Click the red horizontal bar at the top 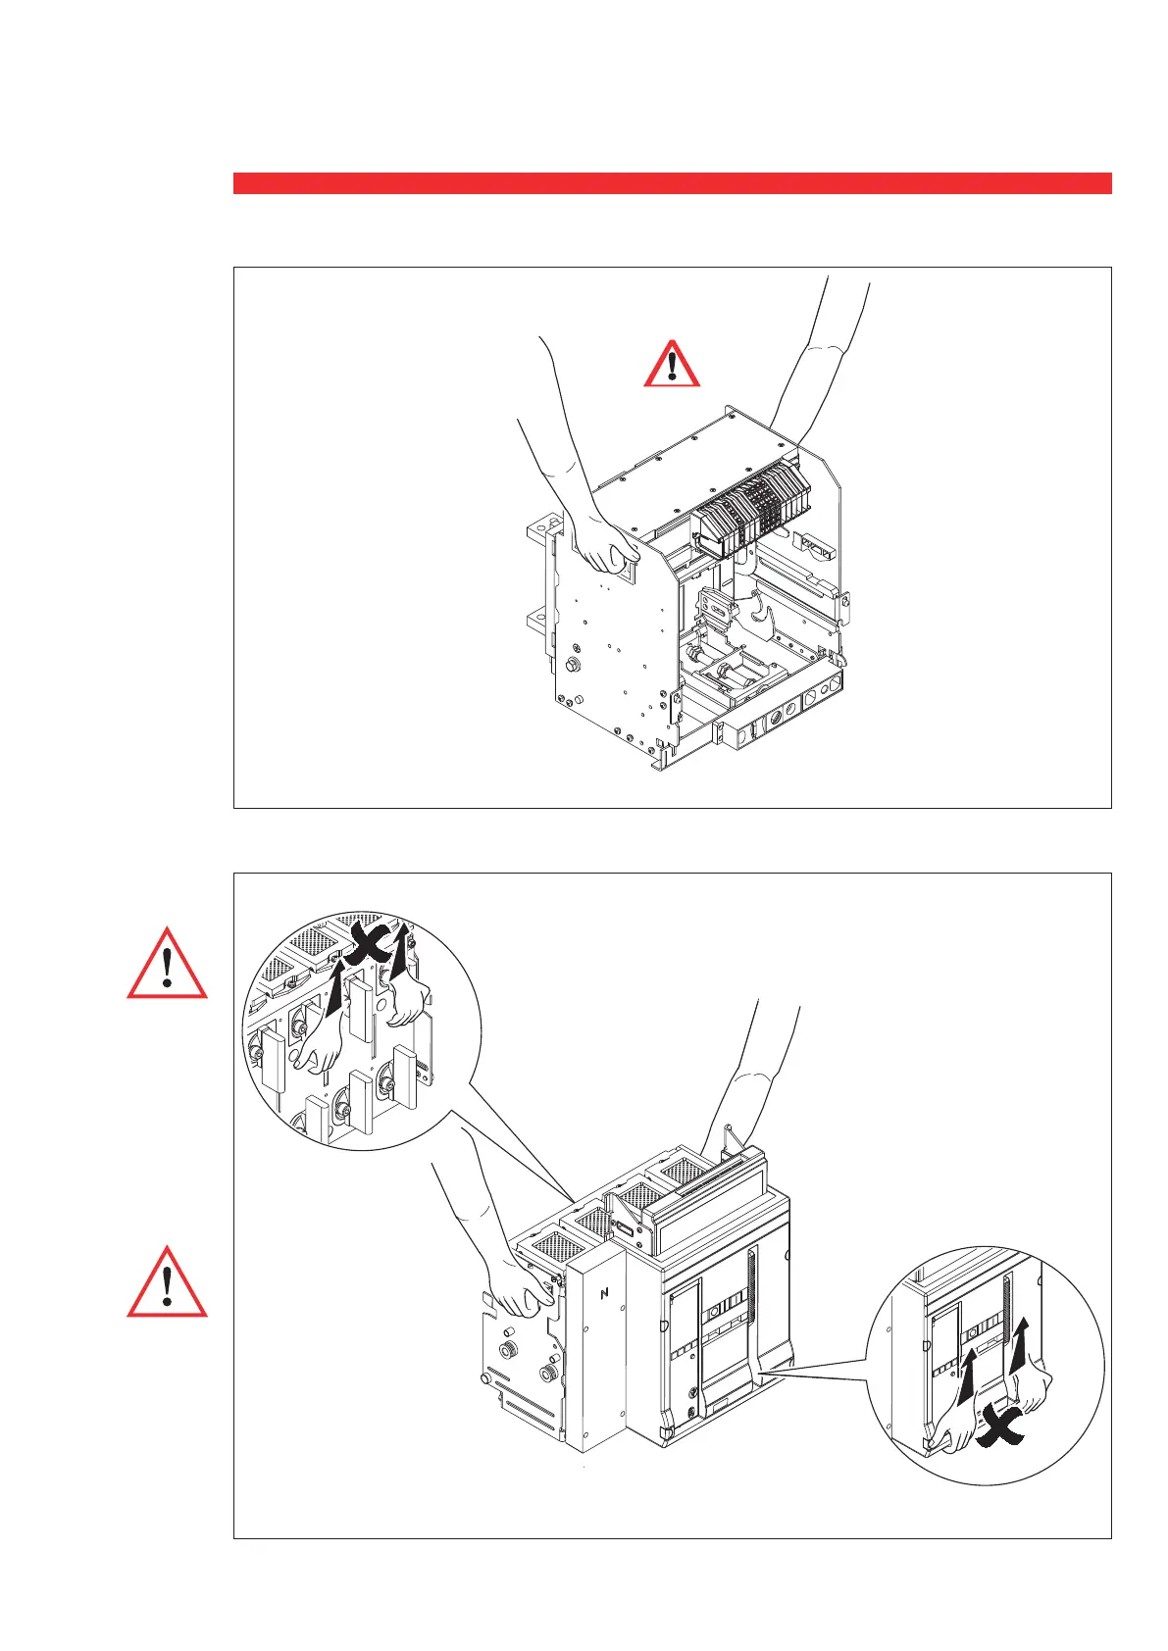coord(672,183)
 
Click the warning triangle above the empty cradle coord(672,366)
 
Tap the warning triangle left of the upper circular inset coord(168,965)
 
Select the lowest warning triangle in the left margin coord(168,1283)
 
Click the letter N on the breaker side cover coord(604,1293)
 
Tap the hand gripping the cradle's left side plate coord(600,545)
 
